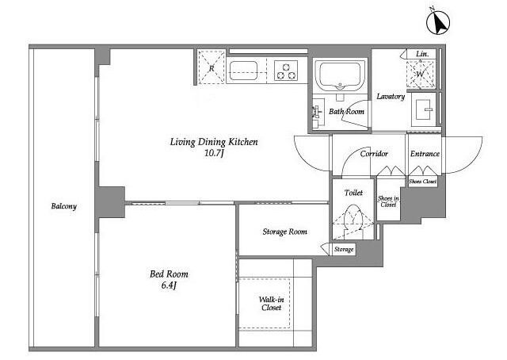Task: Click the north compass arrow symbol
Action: click(x=438, y=21)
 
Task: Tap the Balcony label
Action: click(x=64, y=206)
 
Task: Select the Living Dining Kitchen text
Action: click(x=214, y=142)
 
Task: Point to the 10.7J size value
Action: click(x=214, y=153)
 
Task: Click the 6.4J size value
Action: click(x=169, y=285)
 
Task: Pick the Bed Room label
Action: click(x=169, y=274)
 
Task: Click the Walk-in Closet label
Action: click(x=271, y=304)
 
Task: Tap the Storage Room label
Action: click(x=285, y=232)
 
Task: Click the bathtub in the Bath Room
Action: click(x=340, y=76)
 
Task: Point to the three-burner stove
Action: click(x=286, y=71)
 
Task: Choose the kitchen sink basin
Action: click(x=243, y=71)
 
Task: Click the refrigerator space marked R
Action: click(x=212, y=67)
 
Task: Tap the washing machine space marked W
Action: click(x=421, y=74)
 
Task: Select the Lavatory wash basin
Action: click(x=425, y=109)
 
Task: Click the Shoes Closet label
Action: click(x=422, y=182)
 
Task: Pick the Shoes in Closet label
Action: click(x=388, y=201)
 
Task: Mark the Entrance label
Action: click(x=425, y=154)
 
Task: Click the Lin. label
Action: click(x=422, y=54)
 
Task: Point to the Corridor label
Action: click(x=374, y=154)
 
